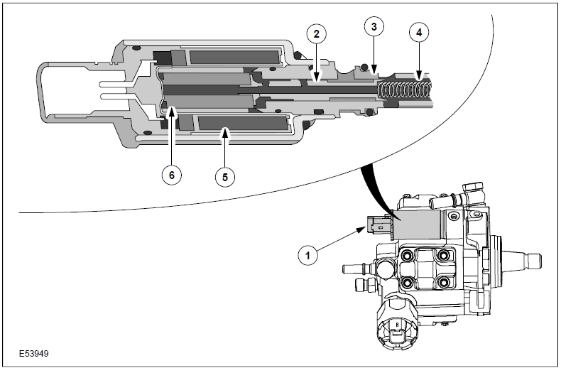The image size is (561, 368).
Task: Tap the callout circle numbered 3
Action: pyautogui.click(x=374, y=28)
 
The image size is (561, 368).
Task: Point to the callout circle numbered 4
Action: pyautogui.click(x=420, y=32)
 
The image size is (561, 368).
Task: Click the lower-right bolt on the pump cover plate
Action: pyautogui.click(x=445, y=282)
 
